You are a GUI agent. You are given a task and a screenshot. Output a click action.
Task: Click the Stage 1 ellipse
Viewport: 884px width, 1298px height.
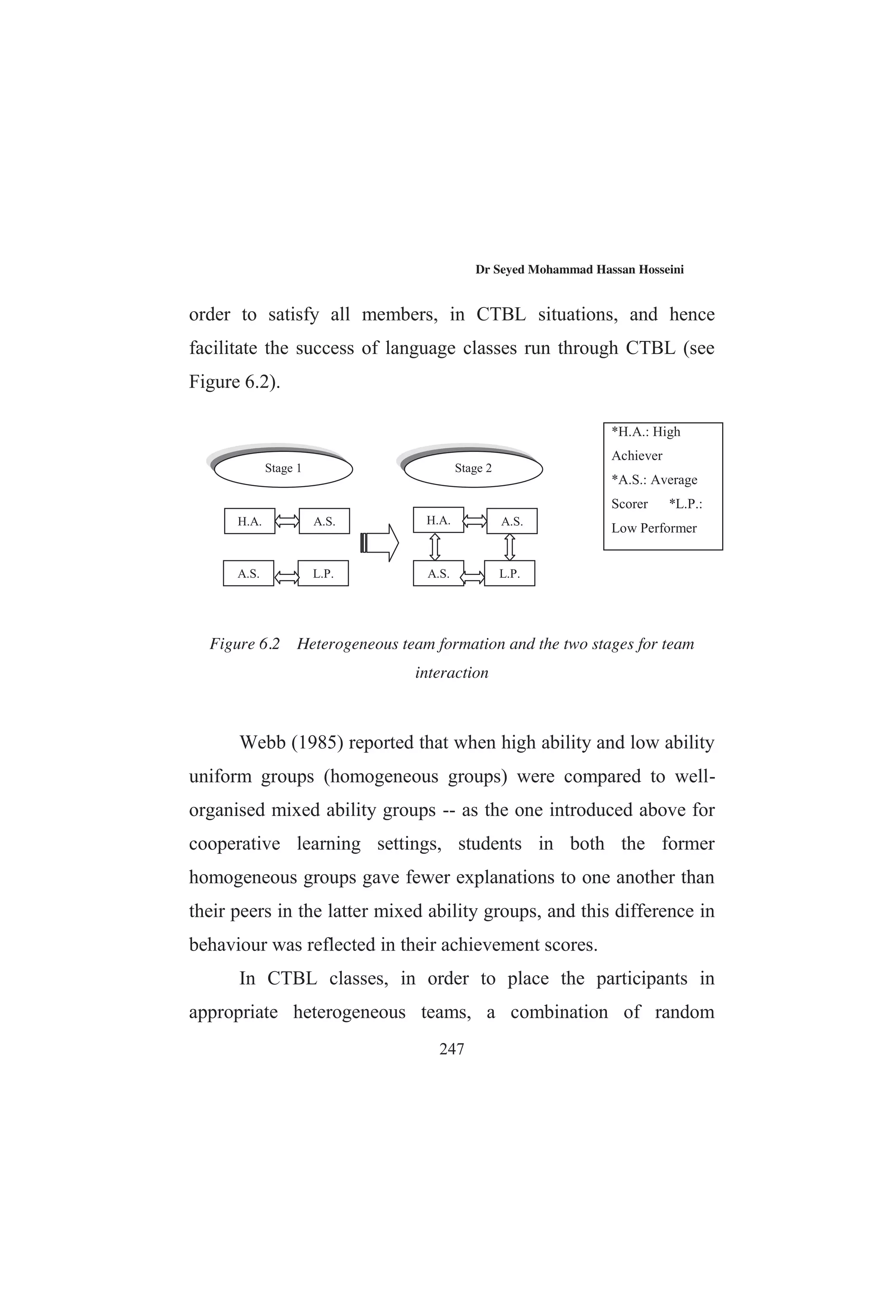[283, 469]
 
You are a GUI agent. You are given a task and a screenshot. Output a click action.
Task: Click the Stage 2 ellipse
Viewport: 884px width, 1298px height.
[473, 469]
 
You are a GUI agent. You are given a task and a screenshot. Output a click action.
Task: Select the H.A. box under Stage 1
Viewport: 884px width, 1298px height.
[249, 521]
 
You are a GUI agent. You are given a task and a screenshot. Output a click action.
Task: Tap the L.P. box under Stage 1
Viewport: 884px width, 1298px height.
[323, 574]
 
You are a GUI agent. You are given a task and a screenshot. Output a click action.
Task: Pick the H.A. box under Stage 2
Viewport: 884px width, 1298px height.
[439, 520]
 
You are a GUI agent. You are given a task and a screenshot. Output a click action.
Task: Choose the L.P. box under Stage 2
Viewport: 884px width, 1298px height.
[509, 574]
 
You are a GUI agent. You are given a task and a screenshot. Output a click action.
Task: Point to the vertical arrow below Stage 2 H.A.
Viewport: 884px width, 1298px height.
[435, 547]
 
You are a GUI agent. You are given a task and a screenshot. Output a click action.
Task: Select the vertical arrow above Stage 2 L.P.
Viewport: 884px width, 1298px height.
[509, 547]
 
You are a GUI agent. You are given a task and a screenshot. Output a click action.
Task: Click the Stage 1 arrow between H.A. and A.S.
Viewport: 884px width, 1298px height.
[287, 521]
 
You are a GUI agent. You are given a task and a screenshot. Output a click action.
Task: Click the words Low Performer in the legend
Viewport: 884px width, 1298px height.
[654, 528]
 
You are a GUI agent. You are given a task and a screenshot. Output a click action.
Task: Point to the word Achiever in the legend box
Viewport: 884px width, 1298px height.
[637, 456]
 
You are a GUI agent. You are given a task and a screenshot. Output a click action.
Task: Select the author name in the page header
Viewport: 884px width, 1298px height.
[579, 270]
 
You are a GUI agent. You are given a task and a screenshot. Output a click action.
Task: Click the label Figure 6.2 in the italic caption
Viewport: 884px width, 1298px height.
[245, 644]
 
